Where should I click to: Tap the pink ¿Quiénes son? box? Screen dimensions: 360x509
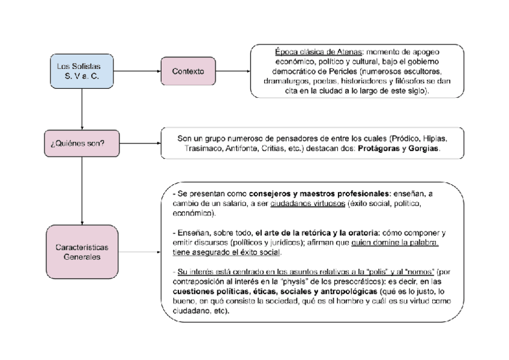pos(80,143)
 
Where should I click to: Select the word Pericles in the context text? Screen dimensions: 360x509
pos(339,71)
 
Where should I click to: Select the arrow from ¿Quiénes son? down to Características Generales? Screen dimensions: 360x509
pos(80,192)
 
